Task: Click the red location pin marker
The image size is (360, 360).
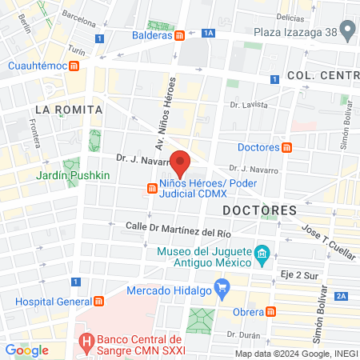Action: click(181, 163)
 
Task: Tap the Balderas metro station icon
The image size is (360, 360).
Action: click(181, 35)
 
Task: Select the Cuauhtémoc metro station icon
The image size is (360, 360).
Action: click(74, 66)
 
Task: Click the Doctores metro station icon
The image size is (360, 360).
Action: click(287, 147)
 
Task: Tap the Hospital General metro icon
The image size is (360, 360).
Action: click(99, 301)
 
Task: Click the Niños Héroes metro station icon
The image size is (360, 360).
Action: click(151, 189)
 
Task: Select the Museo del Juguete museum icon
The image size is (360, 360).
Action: click(261, 257)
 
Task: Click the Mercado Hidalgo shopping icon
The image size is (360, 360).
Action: click(224, 286)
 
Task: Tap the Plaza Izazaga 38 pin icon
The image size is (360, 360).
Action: click(347, 31)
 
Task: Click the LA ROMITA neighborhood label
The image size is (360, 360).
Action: click(69, 109)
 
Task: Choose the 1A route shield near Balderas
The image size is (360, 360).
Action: click(209, 33)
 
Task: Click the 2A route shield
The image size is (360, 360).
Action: click(342, 297)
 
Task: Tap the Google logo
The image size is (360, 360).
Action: click(27, 350)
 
